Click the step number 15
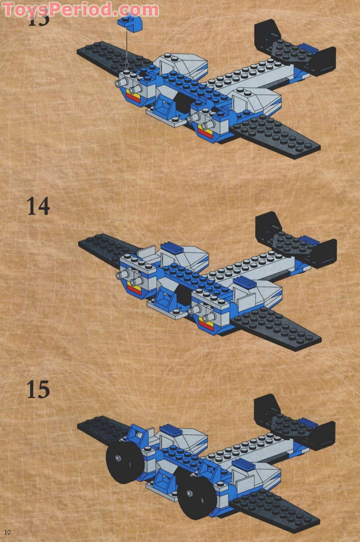[x=38, y=390]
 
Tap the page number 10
[x=7, y=532]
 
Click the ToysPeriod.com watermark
[x=80, y=9]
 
